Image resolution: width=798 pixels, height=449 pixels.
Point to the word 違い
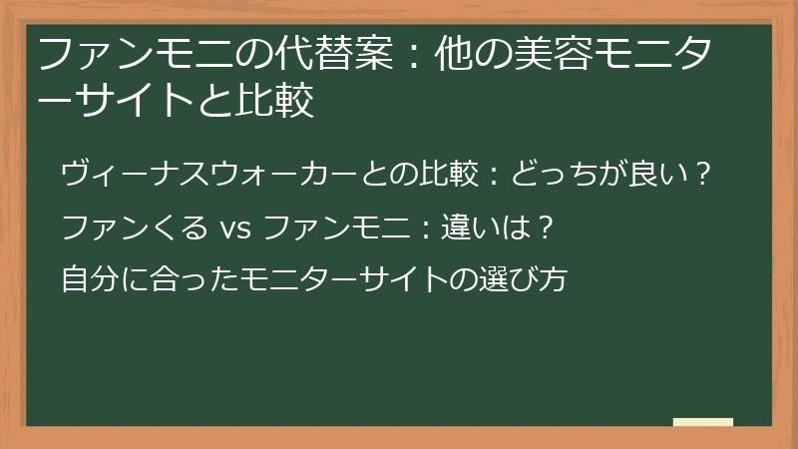pos(464,227)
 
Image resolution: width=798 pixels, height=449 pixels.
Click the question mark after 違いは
pos(544,227)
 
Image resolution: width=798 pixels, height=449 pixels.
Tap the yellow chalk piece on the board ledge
pos(703,422)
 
